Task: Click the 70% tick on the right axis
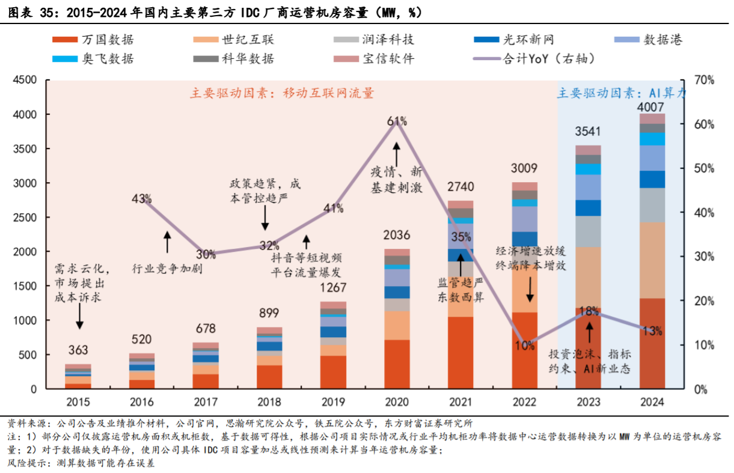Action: click(703, 80)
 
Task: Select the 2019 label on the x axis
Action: click(333, 401)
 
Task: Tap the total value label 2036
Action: click(397, 234)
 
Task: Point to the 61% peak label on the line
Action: click(397, 121)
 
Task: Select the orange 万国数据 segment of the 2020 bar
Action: click(397, 364)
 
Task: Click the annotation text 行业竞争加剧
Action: click(167, 269)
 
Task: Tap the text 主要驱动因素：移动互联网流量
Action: click(282, 93)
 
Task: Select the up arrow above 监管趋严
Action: click(460, 269)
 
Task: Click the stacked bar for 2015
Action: click(78, 377)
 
